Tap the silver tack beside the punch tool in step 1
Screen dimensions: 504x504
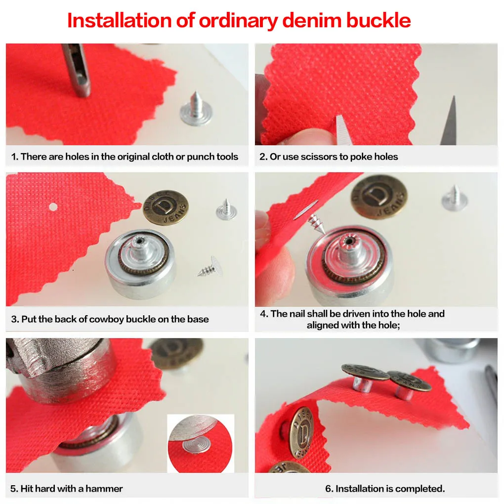tap(196, 109)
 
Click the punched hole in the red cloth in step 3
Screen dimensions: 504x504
tap(53, 207)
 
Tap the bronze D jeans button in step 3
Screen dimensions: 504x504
tap(166, 208)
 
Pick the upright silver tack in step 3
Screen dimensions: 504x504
tap(226, 210)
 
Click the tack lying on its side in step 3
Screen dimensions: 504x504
tap(210, 267)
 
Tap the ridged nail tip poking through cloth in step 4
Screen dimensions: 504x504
tap(316, 223)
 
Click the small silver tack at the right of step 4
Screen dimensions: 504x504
tap(455, 198)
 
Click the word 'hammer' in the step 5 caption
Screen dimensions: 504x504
tap(104, 489)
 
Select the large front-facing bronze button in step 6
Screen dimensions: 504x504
tap(301, 432)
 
